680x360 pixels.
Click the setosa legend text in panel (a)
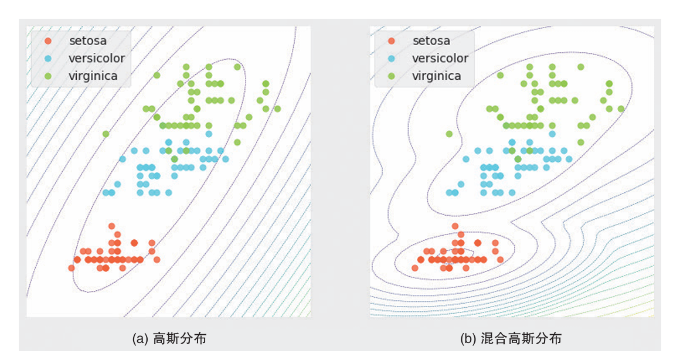point(88,40)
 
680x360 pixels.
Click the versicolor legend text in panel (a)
point(97,58)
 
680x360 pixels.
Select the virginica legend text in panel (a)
point(93,76)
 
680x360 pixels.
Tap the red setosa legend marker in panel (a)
point(49,40)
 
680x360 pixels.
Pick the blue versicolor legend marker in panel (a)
point(49,58)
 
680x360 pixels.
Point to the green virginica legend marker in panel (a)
point(49,76)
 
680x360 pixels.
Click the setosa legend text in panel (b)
point(431,40)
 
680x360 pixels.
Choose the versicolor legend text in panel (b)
point(440,58)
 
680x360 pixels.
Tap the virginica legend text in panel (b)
point(437,76)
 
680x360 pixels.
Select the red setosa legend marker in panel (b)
point(392,40)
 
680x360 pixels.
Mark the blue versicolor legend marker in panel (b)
point(392,58)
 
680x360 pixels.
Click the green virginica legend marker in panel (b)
point(392,76)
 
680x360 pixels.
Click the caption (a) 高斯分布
point(170,338)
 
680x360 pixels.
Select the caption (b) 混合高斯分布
point(511,338)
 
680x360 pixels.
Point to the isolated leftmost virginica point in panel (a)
point(106,134)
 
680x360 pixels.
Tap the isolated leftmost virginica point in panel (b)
point(449,134)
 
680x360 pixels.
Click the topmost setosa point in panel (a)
point(111,226)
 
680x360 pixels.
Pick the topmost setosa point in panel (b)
point(455,226)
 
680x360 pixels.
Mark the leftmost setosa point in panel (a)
point(72,268)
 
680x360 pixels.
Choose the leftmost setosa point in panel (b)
point(415,268)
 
